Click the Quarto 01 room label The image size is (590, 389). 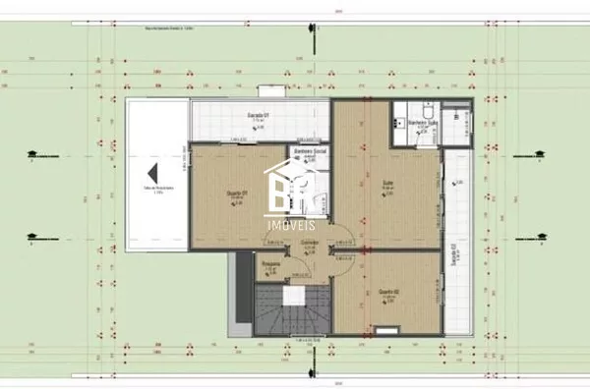click(237, 192)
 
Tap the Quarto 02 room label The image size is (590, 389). click(387, 291)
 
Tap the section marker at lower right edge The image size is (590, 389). click(539, 236)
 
